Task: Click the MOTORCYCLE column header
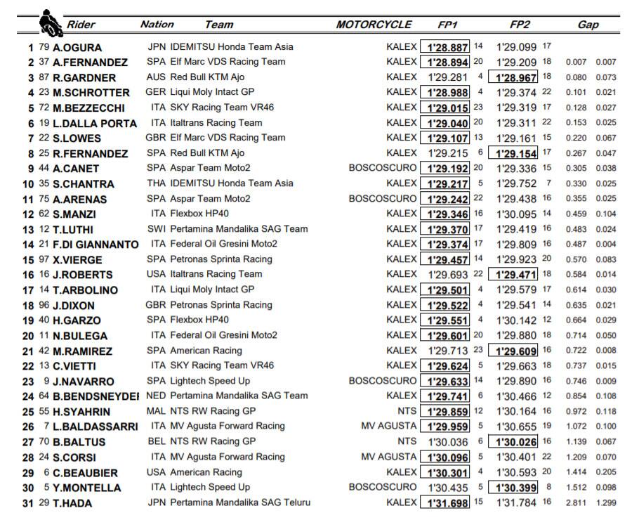pyautogui.click(x=374, y=25)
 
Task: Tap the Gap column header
pyautogui.click(x=588, y=25)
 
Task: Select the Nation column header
pyautogui.click(x=157, y=25)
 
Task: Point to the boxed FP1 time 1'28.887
pyautogui.click(x=447, y=47)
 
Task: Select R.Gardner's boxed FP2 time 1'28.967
pyautogui.click(x=516, y=77)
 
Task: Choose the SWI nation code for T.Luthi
pyautogui.click(x=157, y=229)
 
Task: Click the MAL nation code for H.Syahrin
pyautogui.click(x=157, y=411)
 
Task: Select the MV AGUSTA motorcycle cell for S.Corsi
pyautogui.click(x=388, y=457)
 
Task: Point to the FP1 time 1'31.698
pyautogui.click(x=447, y=502)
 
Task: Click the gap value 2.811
pyautogui.click(x=575, y=503)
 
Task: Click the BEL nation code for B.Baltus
pyautogui.click(x=157, y=441)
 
